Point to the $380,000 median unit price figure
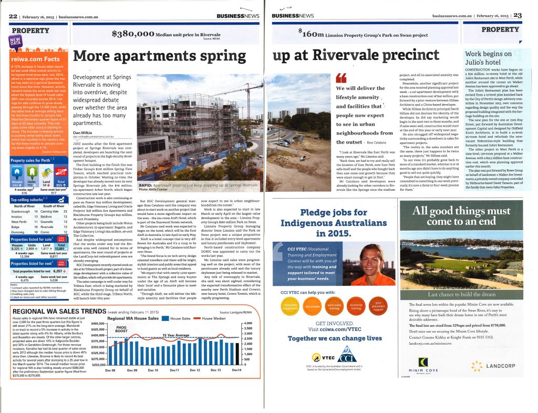(133, 34)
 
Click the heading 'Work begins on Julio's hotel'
(489, 58)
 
